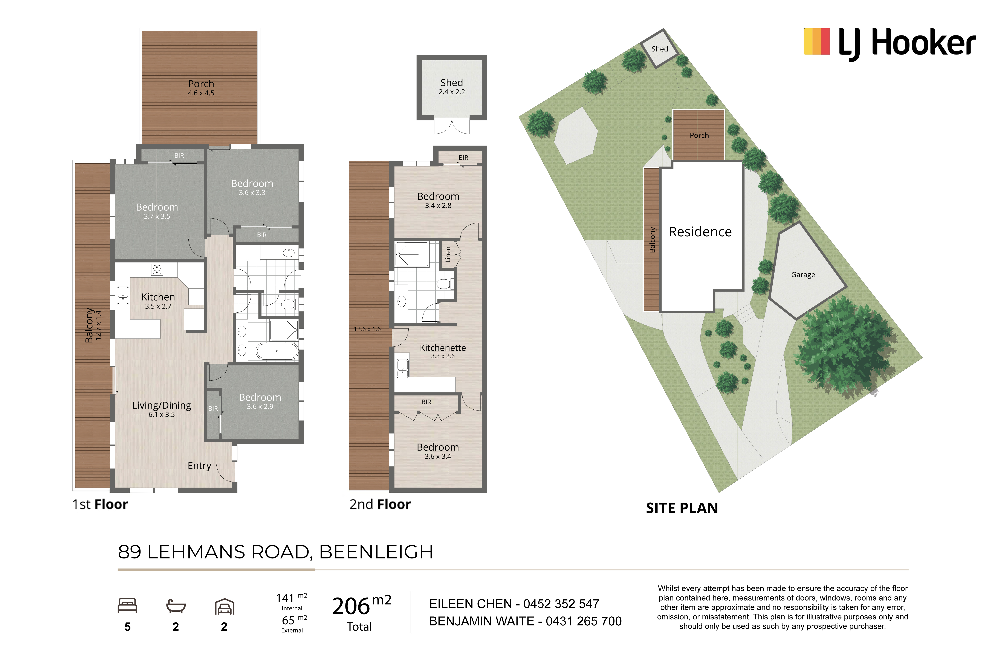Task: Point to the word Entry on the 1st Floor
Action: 199,465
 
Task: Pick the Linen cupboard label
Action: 448,255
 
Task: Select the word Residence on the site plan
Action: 700,232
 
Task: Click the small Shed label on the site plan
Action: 660,49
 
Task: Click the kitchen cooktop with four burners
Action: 157,269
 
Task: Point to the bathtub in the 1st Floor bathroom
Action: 277,351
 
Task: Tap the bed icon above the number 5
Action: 127,605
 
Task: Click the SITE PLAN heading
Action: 682,508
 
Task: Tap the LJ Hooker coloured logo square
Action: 816,41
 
